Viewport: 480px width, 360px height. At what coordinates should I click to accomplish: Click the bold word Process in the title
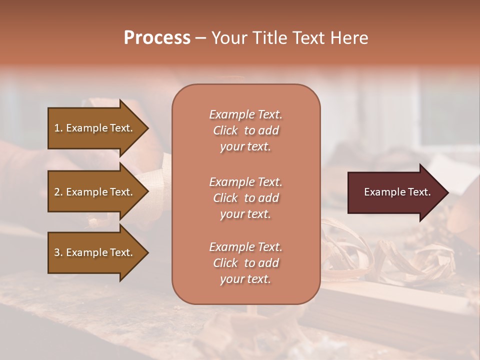[157, 37]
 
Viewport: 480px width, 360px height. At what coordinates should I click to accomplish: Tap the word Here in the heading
[349, 37]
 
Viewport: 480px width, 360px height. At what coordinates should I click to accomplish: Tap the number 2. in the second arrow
[58, 192]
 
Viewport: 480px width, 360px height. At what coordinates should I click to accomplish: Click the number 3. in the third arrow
[58, 252]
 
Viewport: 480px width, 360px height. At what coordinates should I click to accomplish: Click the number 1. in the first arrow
[58, 128]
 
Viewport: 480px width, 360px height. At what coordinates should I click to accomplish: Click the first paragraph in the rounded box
[245, 130]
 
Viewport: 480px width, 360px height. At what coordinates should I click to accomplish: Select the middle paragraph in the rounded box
[245, 198]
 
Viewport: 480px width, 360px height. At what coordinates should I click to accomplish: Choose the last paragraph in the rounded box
[245, 263]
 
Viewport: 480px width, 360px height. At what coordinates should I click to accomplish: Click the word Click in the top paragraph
[225, 130]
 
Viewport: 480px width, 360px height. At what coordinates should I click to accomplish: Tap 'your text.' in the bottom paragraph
[245, 279]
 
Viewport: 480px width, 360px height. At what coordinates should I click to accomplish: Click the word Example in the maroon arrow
[381, 192]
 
